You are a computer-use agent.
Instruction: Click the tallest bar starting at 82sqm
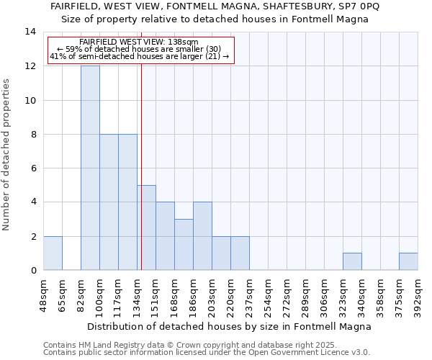pyautogui.click(x=90, y=168)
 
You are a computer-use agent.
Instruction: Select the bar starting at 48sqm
pyautogui.click(x=53, y=253)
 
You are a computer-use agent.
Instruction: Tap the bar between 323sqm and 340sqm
pyautogui.click(x=352, y=261)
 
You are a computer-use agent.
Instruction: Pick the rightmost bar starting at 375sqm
pyautogui.click(x=408, y=261)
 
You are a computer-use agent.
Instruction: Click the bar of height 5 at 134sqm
pyautogui.click(x=146, y=228)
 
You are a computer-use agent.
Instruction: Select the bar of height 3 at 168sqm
pyautogui.click(x=184, y=244)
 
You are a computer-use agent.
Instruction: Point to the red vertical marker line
pyautogui.click(x=141, y=144)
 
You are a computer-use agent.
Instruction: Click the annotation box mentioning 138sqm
pyautogui.click(x=141, y=50)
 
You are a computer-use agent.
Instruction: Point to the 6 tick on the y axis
pyautogui.click(x=33, y=168)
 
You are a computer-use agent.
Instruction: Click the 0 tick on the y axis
pyautogui.click(x=33, y=270)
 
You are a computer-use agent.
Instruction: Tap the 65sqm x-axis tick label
pyautogui.click(x=62, y=294)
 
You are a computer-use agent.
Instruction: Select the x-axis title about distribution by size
pyautogui.click(x=230, y=326)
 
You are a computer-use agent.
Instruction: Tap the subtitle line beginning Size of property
pyautogui.click(x=215, y=19)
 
